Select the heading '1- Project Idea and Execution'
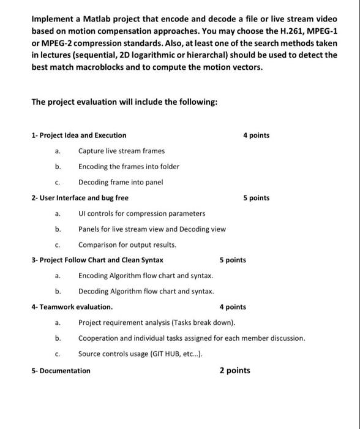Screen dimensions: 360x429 tap(79, 135)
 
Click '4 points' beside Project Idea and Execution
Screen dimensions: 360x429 tap(256, 135)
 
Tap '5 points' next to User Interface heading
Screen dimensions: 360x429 tap(256, 198)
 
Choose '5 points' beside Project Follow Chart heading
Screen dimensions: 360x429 tap(233, 260)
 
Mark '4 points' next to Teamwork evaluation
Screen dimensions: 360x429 tap(233, 307)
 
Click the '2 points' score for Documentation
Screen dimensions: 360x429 tap(235, 370)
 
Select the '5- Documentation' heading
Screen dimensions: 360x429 tap(61, 370)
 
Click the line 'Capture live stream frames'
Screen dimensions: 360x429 tap(121, 151)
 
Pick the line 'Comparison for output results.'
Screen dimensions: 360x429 tap(127, 245)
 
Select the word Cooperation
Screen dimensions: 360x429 tap(100, 338)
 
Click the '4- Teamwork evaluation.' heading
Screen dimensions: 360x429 tap(72, 307)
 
